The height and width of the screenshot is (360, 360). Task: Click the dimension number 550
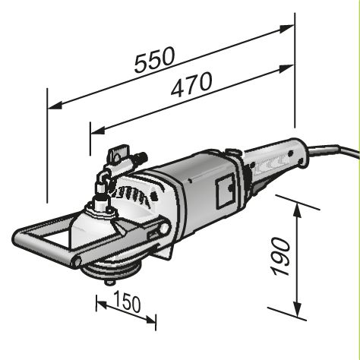coord(155,61)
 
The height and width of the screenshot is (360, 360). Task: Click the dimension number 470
coord(191,87)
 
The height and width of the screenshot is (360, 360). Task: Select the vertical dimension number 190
coord(282,255)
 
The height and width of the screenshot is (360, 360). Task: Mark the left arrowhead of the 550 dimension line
coord(54,106)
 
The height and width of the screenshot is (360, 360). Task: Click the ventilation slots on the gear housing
coord(141,193)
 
